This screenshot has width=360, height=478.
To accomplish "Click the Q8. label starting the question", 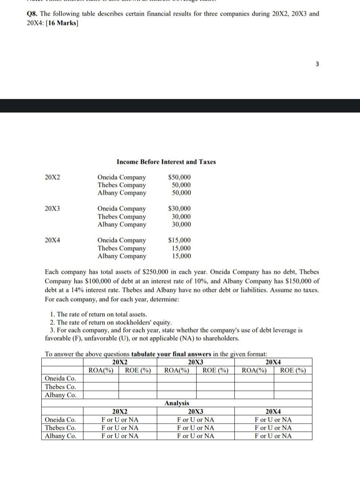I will [32, 14].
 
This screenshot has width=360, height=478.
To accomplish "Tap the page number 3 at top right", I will [317, 64].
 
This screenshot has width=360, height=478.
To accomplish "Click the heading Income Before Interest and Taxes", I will [166, 162].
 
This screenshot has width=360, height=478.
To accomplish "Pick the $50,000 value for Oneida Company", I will [180, 177].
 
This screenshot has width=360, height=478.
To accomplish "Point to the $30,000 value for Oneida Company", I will [180, 208].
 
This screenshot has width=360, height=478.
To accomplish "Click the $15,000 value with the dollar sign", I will [180, 240].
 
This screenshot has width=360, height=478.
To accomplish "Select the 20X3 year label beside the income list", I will [53, 208].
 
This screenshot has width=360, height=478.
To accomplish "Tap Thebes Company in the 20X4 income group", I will [122, 248].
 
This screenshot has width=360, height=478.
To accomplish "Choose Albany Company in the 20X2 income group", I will [122, 193].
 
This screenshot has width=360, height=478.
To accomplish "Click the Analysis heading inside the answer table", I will [177, 403].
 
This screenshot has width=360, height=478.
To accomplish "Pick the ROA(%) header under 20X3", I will [177, 371].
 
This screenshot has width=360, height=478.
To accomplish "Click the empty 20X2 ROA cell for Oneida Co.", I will [100, 378].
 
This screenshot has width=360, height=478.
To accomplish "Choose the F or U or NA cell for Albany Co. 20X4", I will [273, 436].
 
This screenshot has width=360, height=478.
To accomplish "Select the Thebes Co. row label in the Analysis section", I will [61, 428].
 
